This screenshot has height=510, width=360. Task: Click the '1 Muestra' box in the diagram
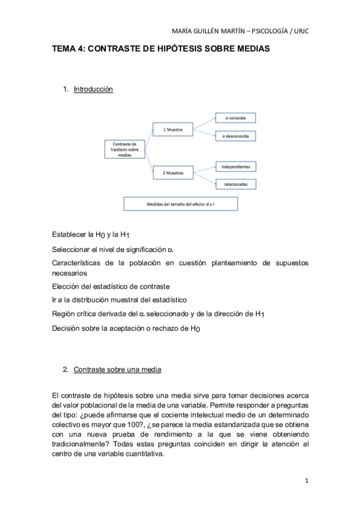pos(172,129)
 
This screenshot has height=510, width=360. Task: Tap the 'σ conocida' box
pos(236,118)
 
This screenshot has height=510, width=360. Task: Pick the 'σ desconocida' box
pos(236,138)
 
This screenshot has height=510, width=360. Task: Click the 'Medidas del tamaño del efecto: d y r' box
pos(181,204)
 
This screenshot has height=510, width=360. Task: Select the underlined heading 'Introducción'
pos(93,89)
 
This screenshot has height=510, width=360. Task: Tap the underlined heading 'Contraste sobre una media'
pos(117,369)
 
